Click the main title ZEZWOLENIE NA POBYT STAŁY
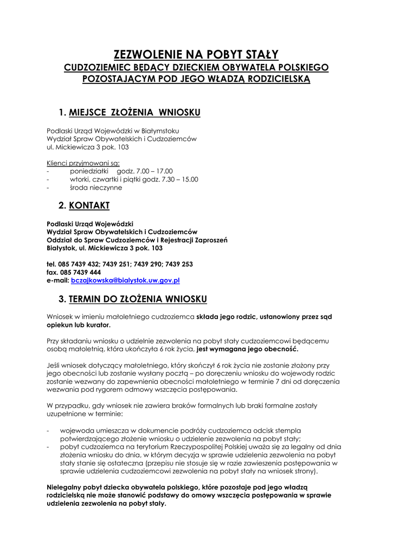(x=196, y=54)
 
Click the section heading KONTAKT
(x=89, y=205)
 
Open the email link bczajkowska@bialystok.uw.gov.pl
(x=125, y=281)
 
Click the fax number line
(x=74, y=273)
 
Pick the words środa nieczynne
(x=96, y=188)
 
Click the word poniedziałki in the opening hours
(x=89, y=171)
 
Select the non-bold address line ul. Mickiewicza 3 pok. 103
(x=88, y=147)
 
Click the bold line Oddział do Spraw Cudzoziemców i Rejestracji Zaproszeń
(x=137, y=240)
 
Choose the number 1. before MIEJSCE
(x=62, y=113)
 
